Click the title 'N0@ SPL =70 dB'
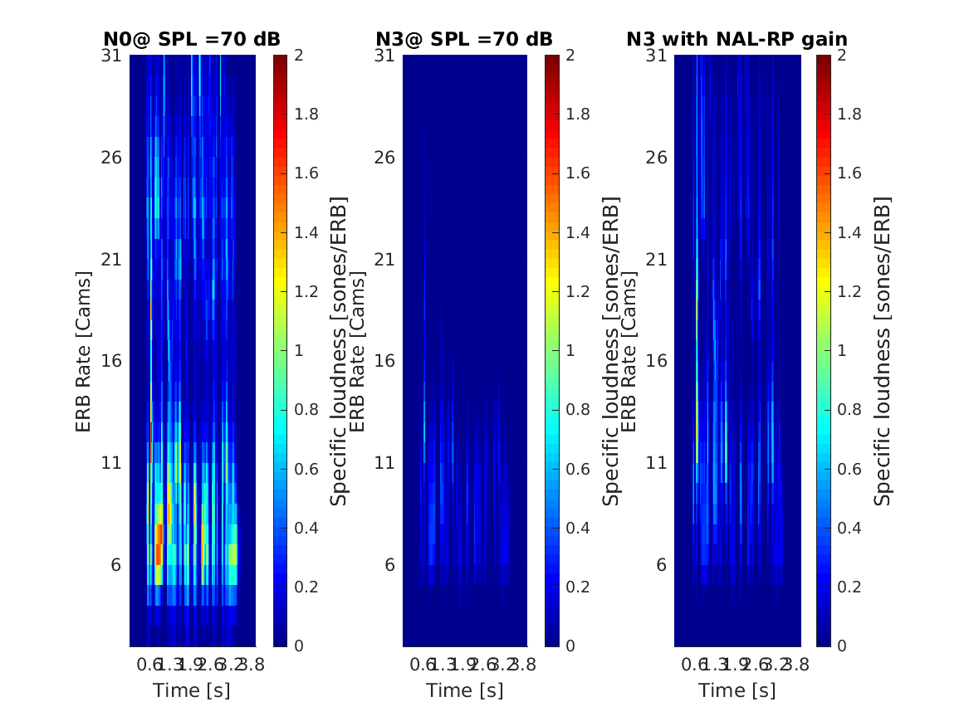coord(192,39)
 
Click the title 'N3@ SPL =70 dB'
coord(464,39)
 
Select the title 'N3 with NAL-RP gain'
coord(737,39)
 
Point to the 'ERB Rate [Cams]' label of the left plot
coord(83,351)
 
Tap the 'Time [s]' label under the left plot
coord(192,690)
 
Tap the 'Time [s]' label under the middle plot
coord(464,690)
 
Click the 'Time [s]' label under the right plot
coord(737,690)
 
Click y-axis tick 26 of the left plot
coord(111,158)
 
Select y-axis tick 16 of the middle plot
coord(384,361)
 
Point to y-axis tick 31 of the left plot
coord(111,56)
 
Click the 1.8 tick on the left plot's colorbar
coord(306,115)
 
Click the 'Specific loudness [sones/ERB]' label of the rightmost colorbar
coord(883,351)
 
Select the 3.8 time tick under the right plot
coord(797,664)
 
